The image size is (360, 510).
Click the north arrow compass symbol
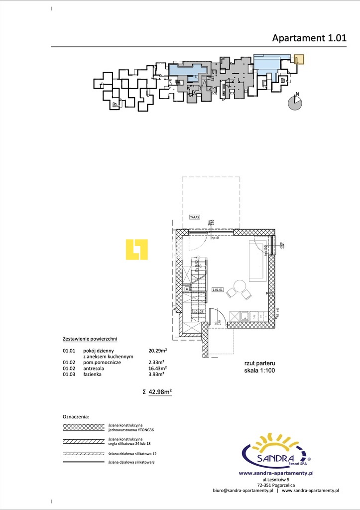pyautogui.click(x=295, y=102)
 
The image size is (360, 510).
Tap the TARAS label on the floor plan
pyautogui.click(x=195, y=218)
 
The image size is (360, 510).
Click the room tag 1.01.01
pyautogui.click(x=218, y=289)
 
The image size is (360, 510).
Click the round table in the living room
pyautogui.click(x=240, y=286)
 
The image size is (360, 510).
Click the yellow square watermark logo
pyautogui.click(x=137, y=250)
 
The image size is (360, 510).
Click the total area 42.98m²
pyautogui.click(x=160, y=392)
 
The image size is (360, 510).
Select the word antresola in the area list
pyautogui.click(x=94, y=368)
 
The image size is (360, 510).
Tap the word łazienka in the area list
pyautogui.click(x=93, y=374)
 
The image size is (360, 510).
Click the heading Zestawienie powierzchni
pyautogui.click(x=90, y=339)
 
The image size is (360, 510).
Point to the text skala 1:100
pyautogui.click(x=259, y=371)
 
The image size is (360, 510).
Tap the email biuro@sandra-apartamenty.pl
pyautogui.click(x=242, y=491)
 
